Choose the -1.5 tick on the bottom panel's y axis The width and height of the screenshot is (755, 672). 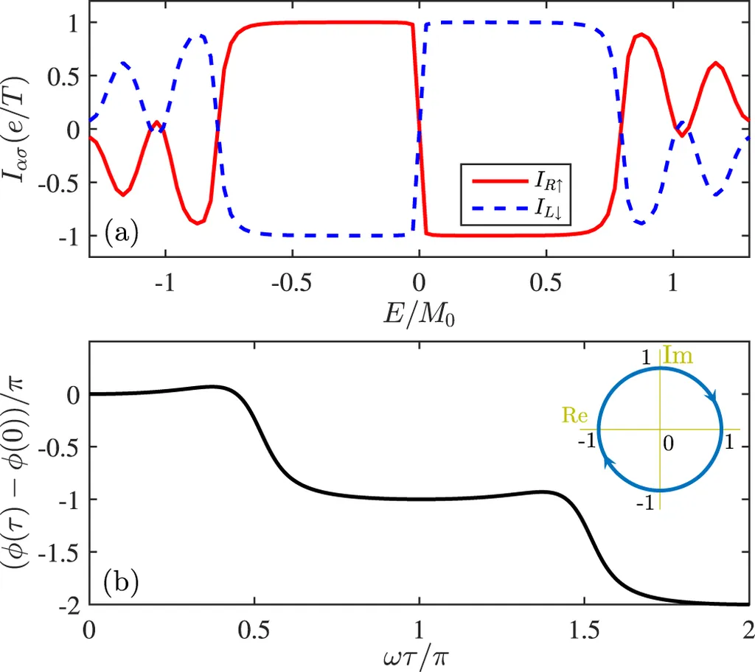click(62, 552)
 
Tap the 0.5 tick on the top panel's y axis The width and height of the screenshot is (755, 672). click(66, 76)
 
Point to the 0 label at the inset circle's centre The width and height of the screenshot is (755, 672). click(667, 444)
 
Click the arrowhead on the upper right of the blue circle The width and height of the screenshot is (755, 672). click(713, 397)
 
